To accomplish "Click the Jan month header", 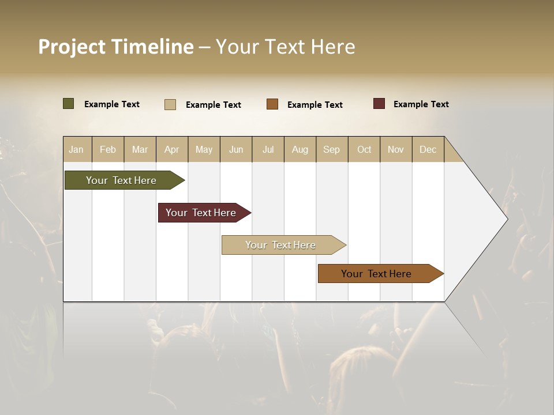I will tap(77, 149).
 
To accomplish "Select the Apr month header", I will tap(172, 149).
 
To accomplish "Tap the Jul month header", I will tap(268, 149).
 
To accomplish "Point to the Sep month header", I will tap(332, 149).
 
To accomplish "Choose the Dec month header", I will tap(428, 149).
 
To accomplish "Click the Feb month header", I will tap(108, 149).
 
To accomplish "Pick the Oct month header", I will tap(364, 149).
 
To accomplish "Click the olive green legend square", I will tap(69, 104).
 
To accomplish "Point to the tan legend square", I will tap(170, 104).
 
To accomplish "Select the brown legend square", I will tap(272, 104).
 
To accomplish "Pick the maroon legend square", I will tap(379, 104).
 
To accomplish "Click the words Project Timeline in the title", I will tap(116, 47).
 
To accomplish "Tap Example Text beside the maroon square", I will tap(421, 104).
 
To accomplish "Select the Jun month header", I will tap(236, 149).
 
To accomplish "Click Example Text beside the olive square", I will tap(112, 104).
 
